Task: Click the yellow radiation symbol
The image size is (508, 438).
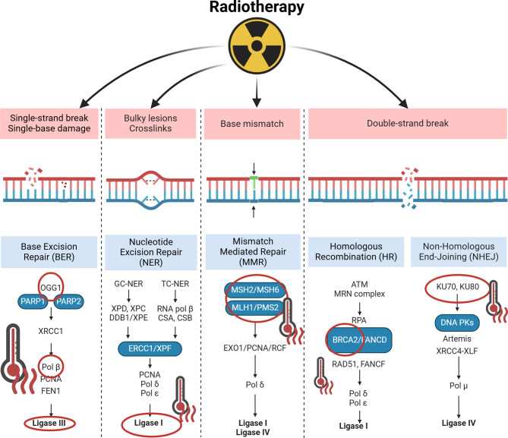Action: (257, 46)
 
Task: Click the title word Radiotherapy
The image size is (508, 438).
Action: (257, 7)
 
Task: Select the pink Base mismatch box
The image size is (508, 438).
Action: (252, 124)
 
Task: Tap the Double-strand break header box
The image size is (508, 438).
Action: (408, 124)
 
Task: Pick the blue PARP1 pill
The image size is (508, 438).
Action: (33, 301)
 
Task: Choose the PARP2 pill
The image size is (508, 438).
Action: (68, 301)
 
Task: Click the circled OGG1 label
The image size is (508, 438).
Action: (51, 287)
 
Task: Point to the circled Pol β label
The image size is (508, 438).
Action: (51, 367)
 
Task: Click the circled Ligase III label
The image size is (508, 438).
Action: (49, 423)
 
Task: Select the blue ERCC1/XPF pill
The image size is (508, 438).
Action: (150, 348)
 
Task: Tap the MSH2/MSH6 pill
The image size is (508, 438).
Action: (255, 290)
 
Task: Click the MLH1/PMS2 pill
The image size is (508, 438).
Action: (255, 307)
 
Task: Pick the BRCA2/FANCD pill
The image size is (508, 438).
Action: (360, 340)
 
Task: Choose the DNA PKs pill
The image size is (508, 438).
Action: (457, 323)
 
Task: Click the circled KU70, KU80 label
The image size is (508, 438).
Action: (457, 287)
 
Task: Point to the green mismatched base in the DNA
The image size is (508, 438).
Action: (254, 182)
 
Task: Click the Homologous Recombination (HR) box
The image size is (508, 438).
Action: (356, 252)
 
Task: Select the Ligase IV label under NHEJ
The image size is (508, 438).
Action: (459, 423)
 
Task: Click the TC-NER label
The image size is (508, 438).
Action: (175, 284)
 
